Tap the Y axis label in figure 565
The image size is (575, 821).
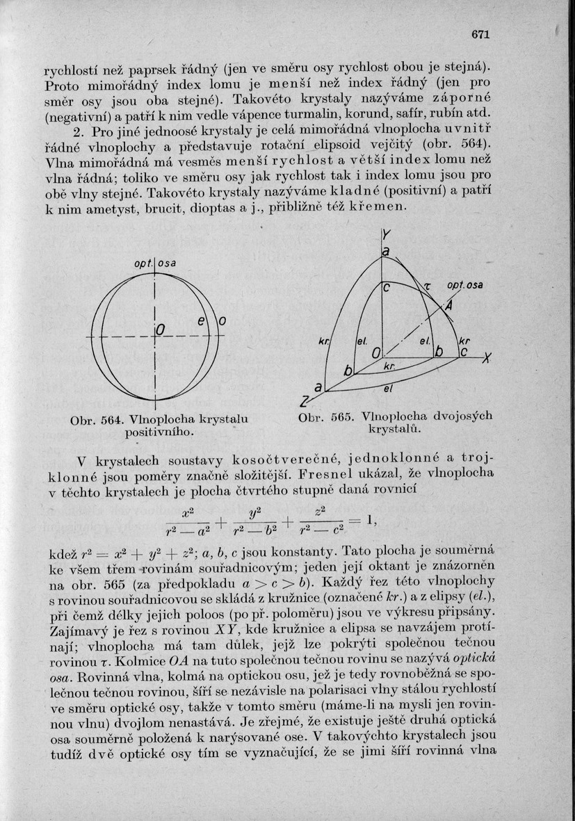click(x=384, y=236)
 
